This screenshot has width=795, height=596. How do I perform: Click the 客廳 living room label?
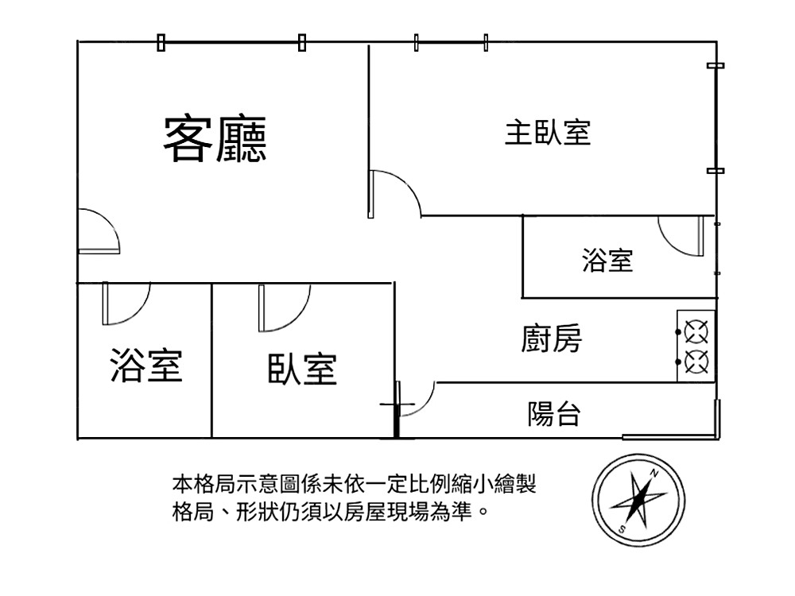point(215,140)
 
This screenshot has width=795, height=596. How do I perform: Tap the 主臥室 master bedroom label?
point(548,132)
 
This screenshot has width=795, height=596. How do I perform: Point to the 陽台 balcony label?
point(554,413)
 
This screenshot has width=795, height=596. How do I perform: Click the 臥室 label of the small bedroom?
point(302,369)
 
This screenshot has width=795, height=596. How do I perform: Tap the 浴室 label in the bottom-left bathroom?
point(146,365)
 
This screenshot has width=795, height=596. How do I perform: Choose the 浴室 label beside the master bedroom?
point(607,260)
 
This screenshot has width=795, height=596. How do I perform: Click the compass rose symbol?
point(638,501)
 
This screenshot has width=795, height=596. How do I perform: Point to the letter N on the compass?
point(653,473)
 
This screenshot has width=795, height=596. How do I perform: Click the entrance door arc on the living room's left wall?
point(99,230)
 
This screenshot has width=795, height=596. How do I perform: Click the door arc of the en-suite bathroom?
point(680,236)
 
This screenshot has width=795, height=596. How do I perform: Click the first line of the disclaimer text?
point(355,483)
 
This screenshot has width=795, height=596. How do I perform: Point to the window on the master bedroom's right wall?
point(715,118)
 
